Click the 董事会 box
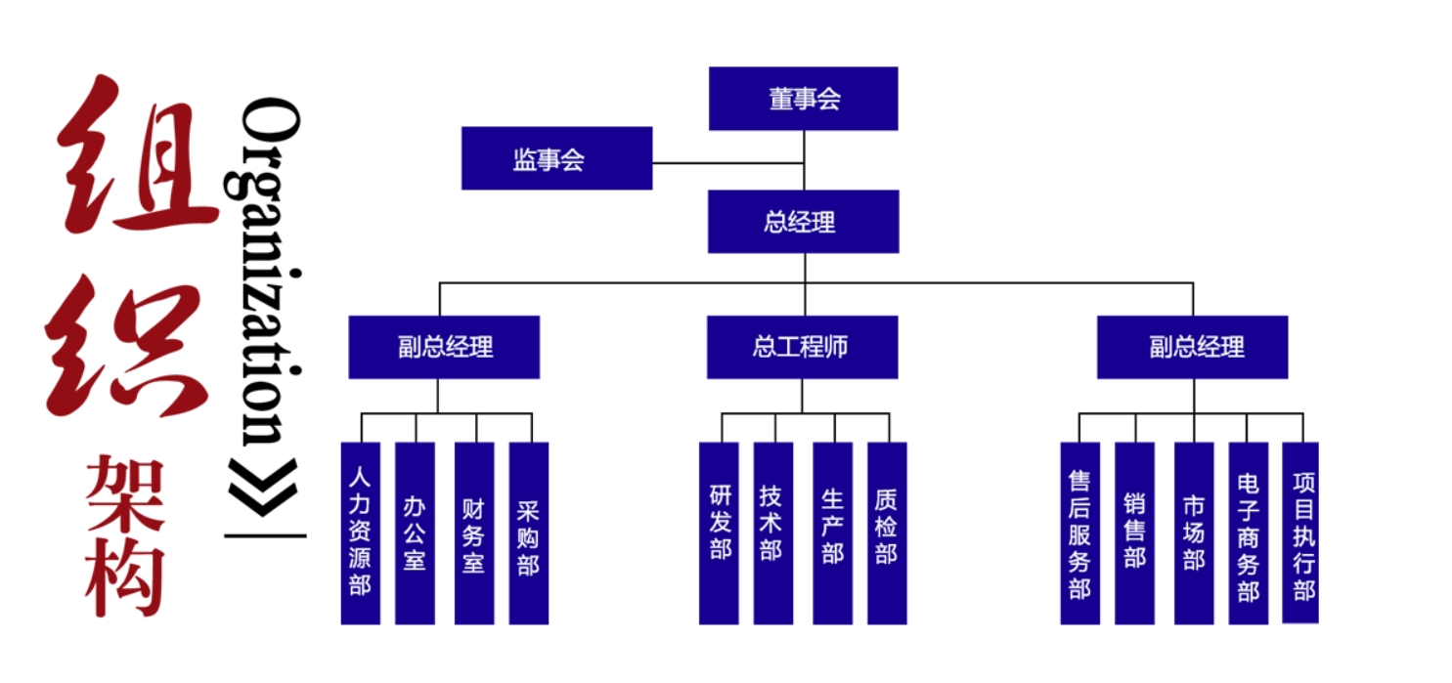803,99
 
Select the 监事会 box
556,158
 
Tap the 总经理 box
803,222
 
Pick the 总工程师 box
802,347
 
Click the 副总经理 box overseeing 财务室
444,347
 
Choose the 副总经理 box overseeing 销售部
1192,347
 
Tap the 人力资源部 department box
360,533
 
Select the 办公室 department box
415,533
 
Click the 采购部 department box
528,533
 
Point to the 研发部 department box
719,533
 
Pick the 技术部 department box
772,533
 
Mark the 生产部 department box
832,533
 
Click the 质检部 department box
887,533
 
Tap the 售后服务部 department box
1079,533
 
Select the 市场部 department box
1194,533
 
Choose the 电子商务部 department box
1248,533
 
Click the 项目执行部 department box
1300,533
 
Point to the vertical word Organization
269,274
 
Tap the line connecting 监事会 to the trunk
727,162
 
